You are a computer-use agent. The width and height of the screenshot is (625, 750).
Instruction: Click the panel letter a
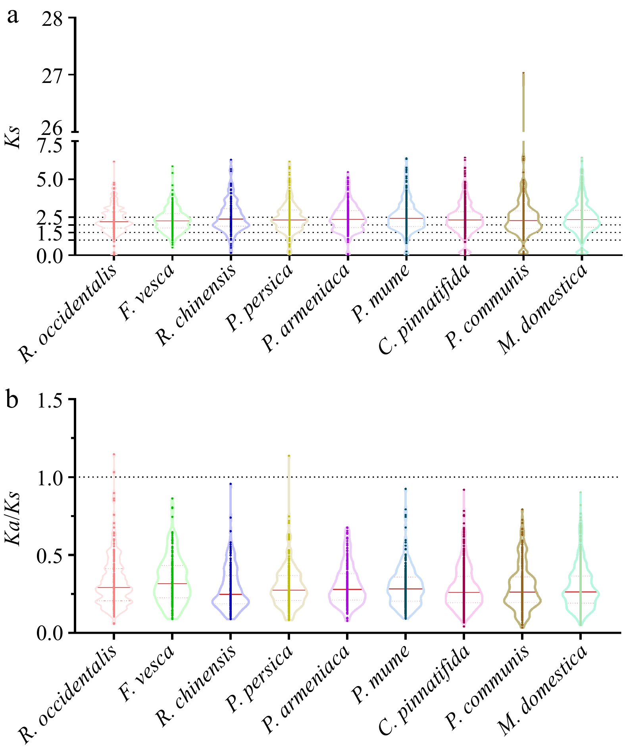[13, 17]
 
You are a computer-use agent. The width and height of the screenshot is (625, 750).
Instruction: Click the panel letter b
[13, 400]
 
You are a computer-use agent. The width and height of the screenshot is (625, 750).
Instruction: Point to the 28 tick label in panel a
[52, 19]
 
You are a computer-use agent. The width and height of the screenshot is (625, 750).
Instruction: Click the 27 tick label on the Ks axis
[52, 76]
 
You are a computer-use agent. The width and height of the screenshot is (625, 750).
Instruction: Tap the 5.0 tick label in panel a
[50, 179]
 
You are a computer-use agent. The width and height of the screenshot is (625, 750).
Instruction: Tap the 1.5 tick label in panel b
[50, 400]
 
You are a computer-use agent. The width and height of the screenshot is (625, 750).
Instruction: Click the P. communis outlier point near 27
[523, 73]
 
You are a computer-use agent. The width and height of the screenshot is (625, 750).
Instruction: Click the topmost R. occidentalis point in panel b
[113, 454]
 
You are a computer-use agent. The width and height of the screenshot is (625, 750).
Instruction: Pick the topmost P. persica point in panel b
[289, 456]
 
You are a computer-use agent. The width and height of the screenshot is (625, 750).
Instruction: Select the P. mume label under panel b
[381, 674]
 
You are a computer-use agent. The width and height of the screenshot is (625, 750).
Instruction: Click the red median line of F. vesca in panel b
[172, 583]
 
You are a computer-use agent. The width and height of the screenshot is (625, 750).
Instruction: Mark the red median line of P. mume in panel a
[406, 218]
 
